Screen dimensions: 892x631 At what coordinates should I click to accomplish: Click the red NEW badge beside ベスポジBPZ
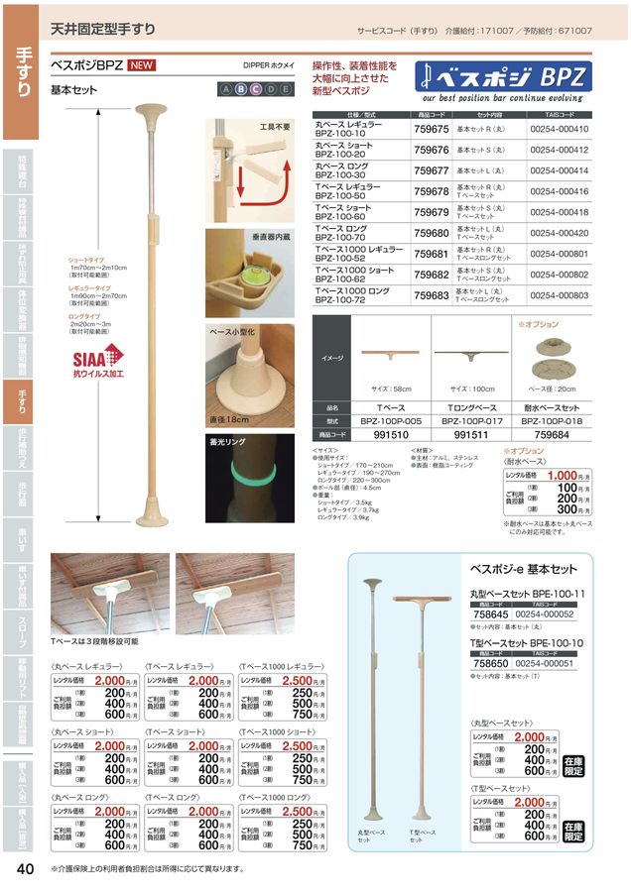141,67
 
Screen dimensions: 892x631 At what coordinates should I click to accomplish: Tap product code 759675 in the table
431,129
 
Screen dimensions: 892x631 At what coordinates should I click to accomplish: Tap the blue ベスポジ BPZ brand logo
505,77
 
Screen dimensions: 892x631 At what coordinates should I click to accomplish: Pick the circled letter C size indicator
255,89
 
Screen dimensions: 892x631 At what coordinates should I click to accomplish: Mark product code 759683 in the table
431,294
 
